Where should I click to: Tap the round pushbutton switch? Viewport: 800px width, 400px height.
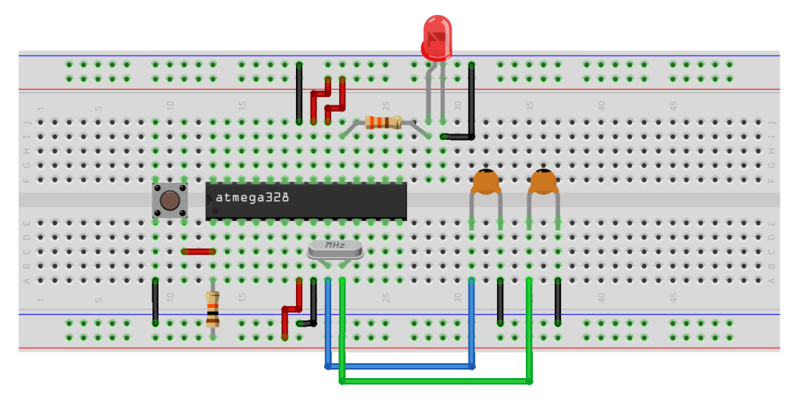click(170, 200)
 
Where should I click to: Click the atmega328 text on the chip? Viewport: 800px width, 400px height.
click(252, 198)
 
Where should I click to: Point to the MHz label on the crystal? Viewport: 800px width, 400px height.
click(335, 245)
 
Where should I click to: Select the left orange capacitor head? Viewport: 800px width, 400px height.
click(486, 182)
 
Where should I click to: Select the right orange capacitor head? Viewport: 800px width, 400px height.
click(543, 182)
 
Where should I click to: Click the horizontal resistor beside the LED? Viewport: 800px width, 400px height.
click(383, 122)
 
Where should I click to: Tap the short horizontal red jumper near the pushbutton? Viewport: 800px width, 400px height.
click(198, 252)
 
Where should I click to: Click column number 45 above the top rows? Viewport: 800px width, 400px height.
click(673, 105)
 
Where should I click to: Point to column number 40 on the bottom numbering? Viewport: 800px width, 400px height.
click(602, 298)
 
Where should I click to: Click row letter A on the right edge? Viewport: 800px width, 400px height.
click(772, 280)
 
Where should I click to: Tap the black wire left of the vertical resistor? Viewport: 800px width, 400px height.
click(155, 302)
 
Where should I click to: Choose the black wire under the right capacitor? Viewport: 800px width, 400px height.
click(558, 302)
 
